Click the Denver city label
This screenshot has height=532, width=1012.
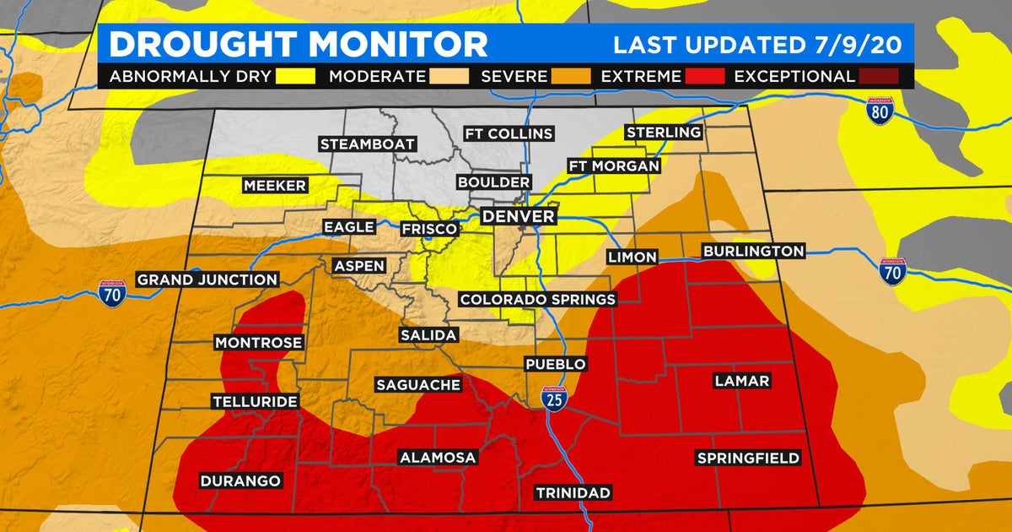[x=518, y=217]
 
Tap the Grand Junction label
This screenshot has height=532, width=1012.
[x=207, y=280]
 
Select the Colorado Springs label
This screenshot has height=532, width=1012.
[x=537, y=300]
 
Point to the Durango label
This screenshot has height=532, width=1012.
[x=240, y=481]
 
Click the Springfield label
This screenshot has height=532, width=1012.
[x=748, y=459]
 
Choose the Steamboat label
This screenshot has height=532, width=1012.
[x=367, y=144]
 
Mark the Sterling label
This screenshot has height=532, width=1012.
[x=664, y=133]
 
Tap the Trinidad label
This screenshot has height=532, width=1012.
[x=573, y=493]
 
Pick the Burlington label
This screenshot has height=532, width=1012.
[x=753, y=251]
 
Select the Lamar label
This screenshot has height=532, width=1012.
[x=741, y=381]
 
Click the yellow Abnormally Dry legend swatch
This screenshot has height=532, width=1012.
[x=295, y=77]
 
